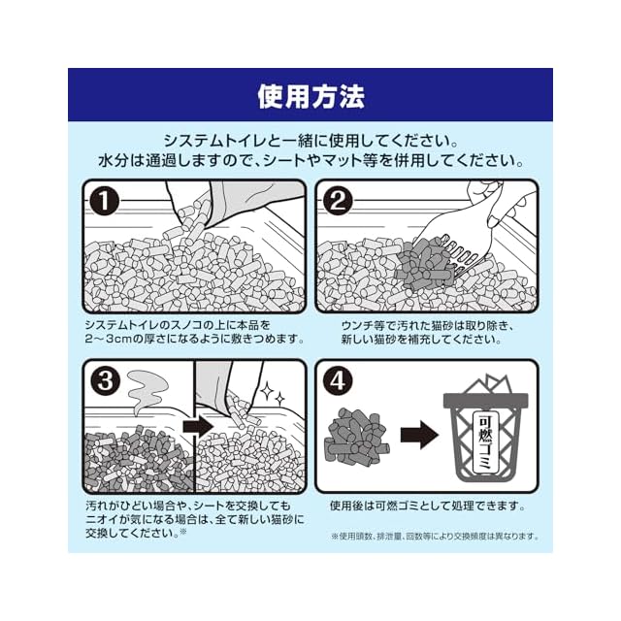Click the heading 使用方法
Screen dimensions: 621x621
coord(310,96)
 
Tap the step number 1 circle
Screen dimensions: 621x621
coord(104,201)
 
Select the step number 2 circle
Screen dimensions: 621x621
coord(338,201)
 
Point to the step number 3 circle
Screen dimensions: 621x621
coord(105,380)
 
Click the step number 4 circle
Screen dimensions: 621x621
coord(338,380)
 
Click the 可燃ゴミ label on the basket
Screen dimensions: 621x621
coord(485,442)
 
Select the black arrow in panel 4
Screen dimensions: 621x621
coord(419,435)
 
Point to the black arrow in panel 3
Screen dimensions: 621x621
coord(198,426)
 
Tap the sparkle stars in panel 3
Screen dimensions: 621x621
coord(272,392)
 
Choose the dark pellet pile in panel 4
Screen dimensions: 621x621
coord(357,437)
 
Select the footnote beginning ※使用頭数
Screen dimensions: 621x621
coord(435,537)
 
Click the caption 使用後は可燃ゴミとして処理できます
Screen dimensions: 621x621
coord(428,506)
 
